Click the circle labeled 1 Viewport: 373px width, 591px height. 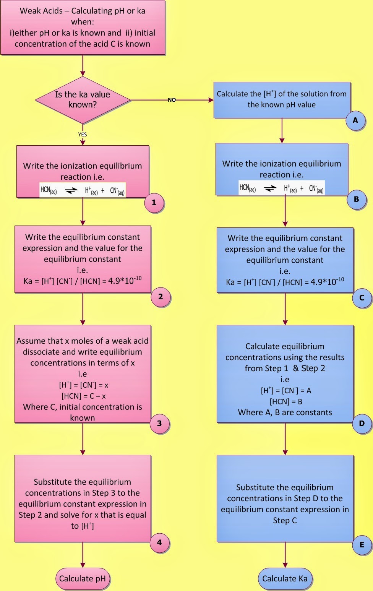154,203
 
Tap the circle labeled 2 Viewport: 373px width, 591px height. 161,297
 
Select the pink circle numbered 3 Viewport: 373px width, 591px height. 159,423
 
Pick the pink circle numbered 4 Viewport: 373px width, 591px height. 159,542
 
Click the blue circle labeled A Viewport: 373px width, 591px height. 355,120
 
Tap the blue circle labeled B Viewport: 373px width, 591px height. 357,199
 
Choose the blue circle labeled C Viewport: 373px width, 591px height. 362,298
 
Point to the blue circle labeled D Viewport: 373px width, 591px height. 362,423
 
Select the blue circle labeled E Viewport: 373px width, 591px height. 362,545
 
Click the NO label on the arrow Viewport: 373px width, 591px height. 172,100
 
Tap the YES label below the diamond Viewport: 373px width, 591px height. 83,134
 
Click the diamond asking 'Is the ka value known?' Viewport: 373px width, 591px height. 83,100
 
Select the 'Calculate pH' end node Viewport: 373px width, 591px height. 83,579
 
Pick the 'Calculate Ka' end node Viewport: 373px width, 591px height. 285,579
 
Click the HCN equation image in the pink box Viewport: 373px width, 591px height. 83,190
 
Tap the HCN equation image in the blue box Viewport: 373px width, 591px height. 281,188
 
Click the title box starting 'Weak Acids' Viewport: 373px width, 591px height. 83,28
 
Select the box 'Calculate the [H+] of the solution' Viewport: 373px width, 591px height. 282,100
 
